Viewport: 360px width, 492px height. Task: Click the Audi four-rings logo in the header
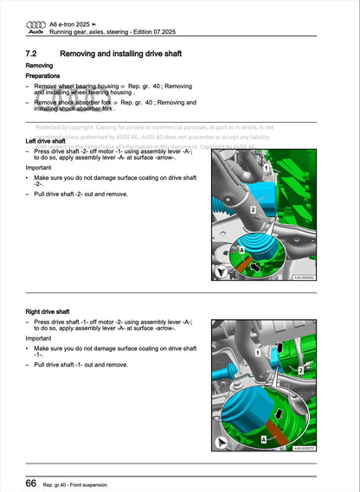click(35, 23)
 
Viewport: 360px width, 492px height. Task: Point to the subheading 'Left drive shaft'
click(48, 141)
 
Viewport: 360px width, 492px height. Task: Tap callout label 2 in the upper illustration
click(252, 210)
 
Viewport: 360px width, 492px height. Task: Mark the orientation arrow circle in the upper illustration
click(222, 272)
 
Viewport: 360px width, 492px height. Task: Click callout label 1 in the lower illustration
click(259, 354)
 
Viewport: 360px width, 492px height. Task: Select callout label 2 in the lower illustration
click(299, 369)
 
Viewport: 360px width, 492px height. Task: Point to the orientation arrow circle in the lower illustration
click(222, 444)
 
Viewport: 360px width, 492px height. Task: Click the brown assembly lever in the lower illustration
click(279, 430)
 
